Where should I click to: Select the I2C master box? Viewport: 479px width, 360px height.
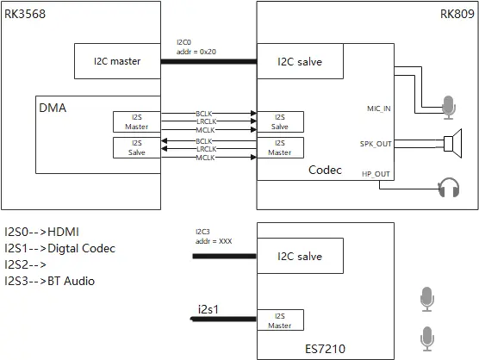pyautogui.click(x=117, y=61)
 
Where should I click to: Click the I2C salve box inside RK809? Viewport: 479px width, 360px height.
pyautogui.click(x=300, y=61)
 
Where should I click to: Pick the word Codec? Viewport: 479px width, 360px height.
pyautogui.click(x=327, y=171)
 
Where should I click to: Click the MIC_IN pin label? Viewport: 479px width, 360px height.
pyautogui.click(x=378, y=108)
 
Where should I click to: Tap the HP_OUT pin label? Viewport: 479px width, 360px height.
pyautogui.click(x=377, y=175)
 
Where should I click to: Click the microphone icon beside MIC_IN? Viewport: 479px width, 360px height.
pyautogui.click(x=447, y=106)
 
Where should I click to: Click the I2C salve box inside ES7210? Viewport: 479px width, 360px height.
pyautogui.click(x=300, y=256)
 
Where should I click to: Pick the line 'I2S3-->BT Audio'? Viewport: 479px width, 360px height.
pyautogui.click(x=50, y=281)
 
